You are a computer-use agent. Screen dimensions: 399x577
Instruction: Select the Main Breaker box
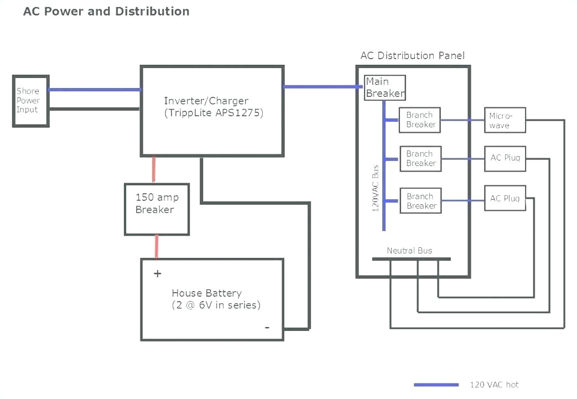tap(384, 87)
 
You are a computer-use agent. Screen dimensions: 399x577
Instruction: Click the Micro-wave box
tap(505, 120)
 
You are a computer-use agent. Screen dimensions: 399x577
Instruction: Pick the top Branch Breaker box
tap(420, 120)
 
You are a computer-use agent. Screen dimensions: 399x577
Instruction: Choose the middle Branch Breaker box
tap(420, 159)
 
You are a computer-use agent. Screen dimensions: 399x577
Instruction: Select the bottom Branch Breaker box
tap(420, 201)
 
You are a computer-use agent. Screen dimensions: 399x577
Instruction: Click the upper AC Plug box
tap(505, 158)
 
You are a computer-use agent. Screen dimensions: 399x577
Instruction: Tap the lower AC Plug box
tap(505, 199)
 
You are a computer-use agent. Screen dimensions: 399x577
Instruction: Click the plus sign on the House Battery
tap(157, 273)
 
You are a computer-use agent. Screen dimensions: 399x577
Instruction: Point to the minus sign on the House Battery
tap(267, 328)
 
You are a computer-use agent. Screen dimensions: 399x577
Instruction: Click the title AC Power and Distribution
tap(106, 12)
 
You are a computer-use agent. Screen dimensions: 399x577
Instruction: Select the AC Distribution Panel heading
tap(412, 55)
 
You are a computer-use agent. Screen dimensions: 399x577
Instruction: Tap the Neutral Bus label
tap(409, 251)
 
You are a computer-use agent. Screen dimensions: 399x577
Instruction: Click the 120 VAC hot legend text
tap(494, 385)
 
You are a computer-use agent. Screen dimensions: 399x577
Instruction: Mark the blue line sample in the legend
tap(436, 385)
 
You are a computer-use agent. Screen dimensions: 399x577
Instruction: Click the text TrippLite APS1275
tap(213, 113)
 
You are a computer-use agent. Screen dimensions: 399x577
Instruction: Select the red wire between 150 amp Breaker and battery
tap(157, 246)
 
